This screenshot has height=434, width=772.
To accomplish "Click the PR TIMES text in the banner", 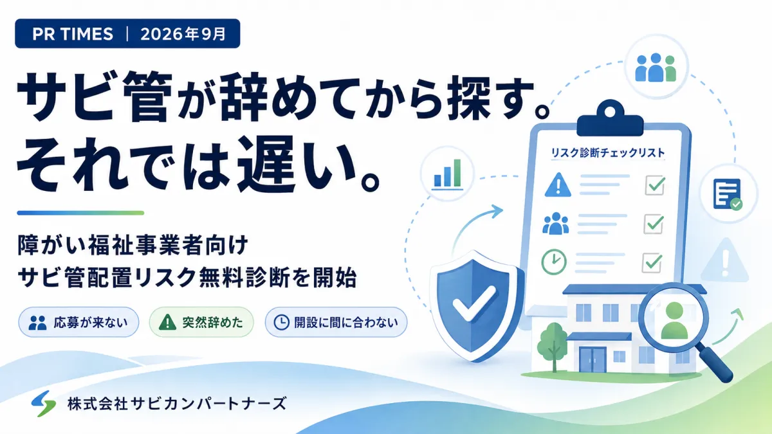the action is click(x=73, y=33).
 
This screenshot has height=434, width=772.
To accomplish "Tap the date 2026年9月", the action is click(x=183, y=33).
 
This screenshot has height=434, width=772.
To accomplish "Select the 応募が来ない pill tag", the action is click(x=78, y=322).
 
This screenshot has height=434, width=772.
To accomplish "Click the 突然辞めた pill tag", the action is click(x=201, y=322).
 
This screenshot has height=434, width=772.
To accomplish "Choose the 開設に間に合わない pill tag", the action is click(x=336, y=322).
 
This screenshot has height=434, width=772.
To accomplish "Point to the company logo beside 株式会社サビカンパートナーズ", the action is click(x=44, y=403).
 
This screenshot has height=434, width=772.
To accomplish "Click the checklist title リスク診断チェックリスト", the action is click(x=608, y=152).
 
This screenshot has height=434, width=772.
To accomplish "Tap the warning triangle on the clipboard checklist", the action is click(x=558, y=185).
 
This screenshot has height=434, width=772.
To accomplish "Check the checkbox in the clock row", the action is click(x=652, y=262).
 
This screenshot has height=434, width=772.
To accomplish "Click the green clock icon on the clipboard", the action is click(x=554, y=262).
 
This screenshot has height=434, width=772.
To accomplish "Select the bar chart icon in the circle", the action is click(x=447, y=174).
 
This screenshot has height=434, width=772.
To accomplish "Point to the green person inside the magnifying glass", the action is click(x=674, y=320).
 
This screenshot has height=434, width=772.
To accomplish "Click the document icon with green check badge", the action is click(x=727, y=194).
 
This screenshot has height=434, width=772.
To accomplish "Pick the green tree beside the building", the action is click(x=554, y=345).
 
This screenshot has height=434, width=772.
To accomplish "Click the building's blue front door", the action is click(x=592, y=359).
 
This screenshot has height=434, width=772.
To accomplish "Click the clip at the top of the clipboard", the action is click(x=610, y=118).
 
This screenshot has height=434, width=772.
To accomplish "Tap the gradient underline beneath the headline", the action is click(x=80, y=213).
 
